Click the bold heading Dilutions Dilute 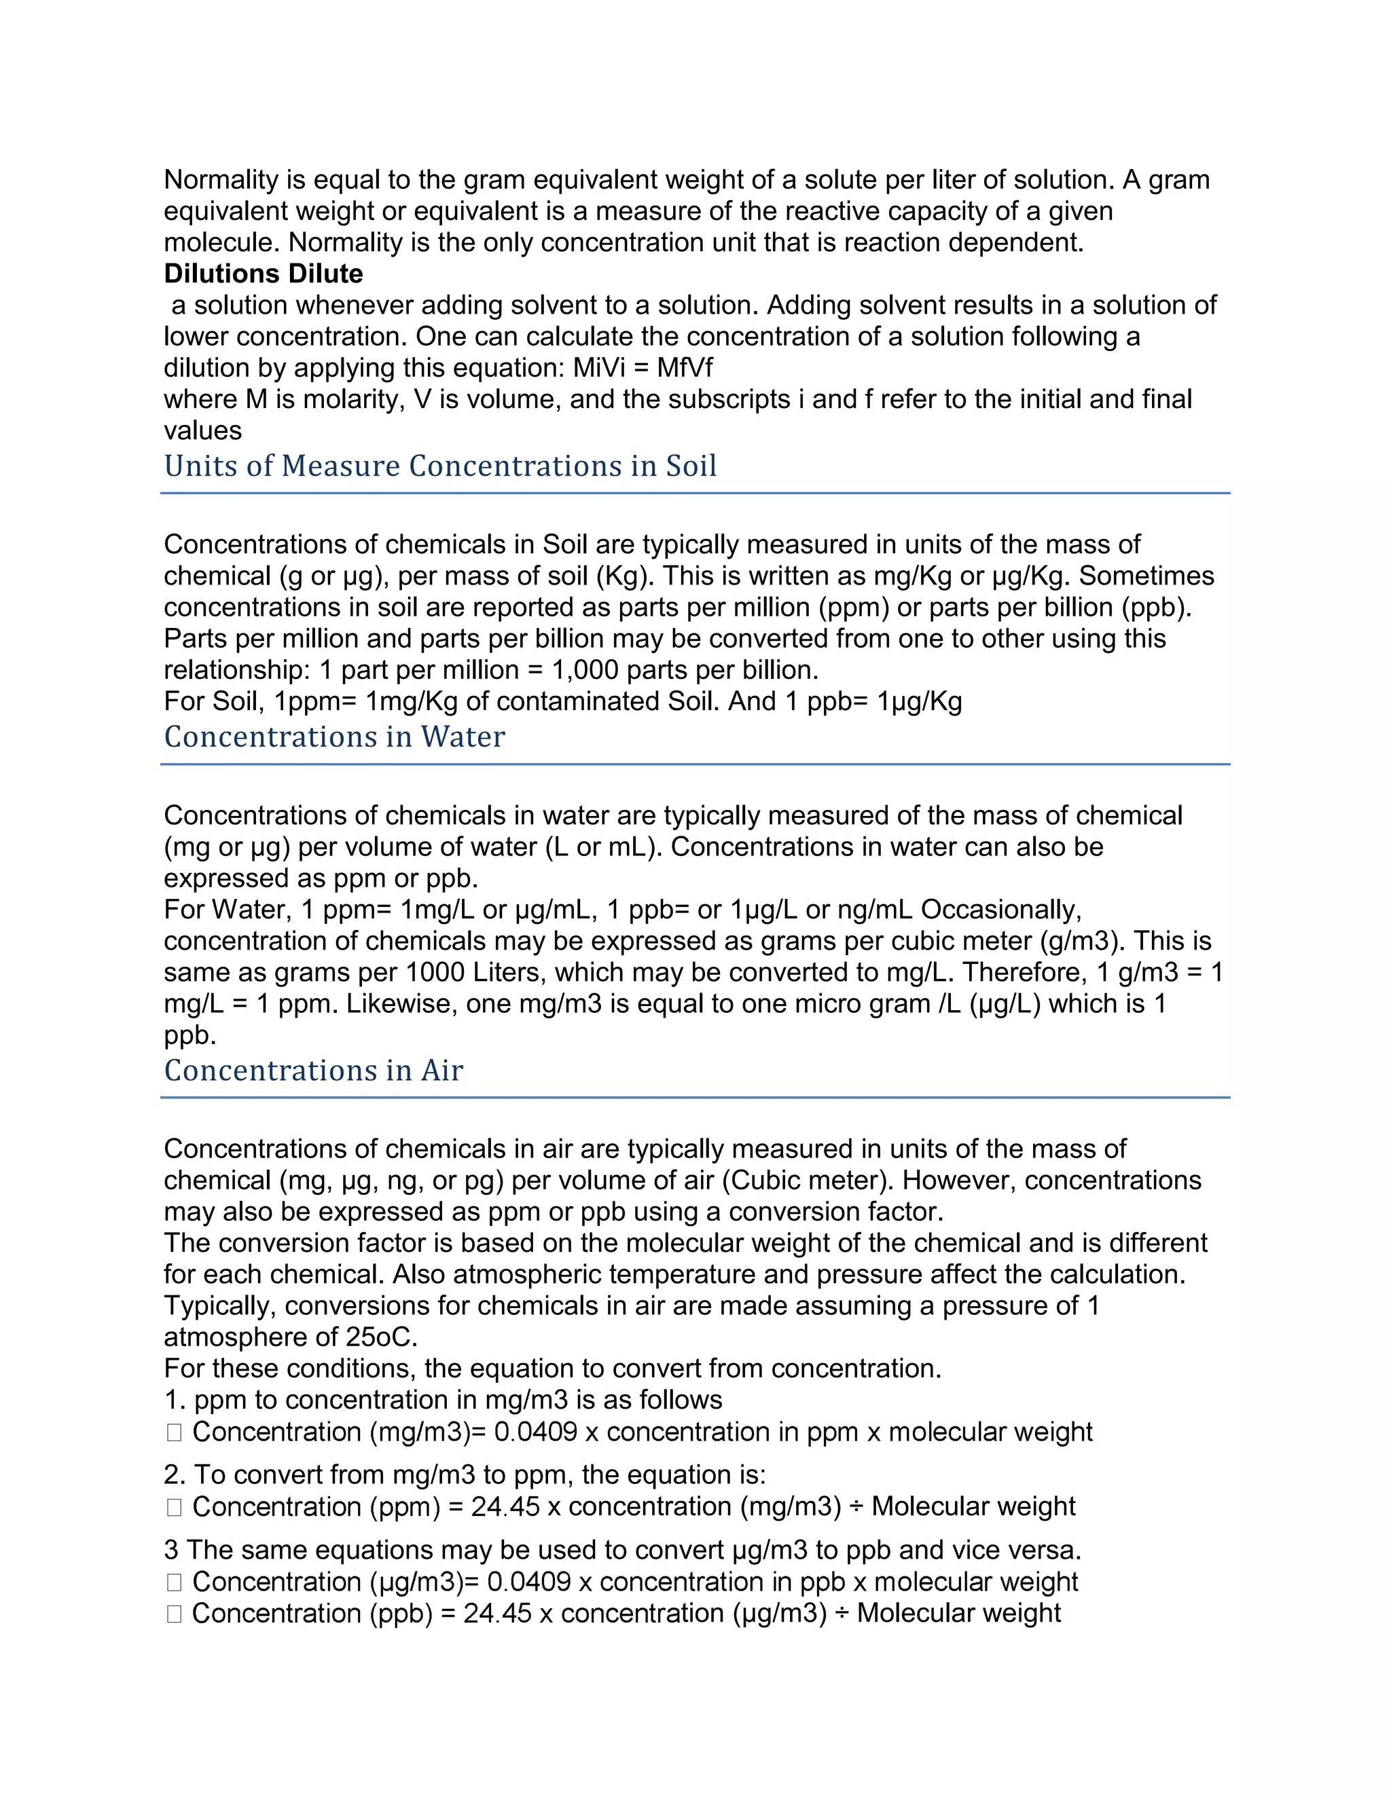point(263,274)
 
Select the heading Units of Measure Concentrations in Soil point(440,466)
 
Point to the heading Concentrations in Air point(313,1070)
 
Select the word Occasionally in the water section point(1000,910)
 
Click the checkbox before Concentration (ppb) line point(174,1614)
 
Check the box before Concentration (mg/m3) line point(174,1432)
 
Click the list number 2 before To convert point(170,1475)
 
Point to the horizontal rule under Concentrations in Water point(695,764)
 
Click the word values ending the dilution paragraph point(202,430)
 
